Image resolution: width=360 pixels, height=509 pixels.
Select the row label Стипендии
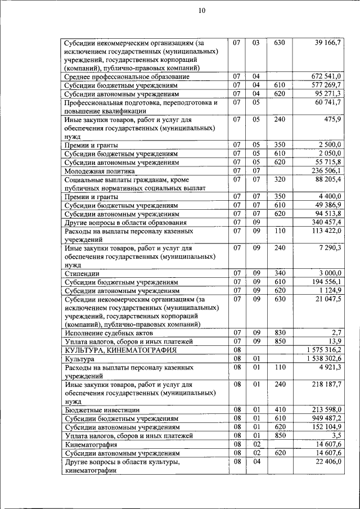78,273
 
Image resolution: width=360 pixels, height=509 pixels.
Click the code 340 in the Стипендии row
280,273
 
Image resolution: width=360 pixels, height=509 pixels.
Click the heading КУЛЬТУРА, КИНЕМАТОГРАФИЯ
120,350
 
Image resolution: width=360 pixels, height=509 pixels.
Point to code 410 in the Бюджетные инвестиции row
280,410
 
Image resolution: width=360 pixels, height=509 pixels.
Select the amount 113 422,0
323,231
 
